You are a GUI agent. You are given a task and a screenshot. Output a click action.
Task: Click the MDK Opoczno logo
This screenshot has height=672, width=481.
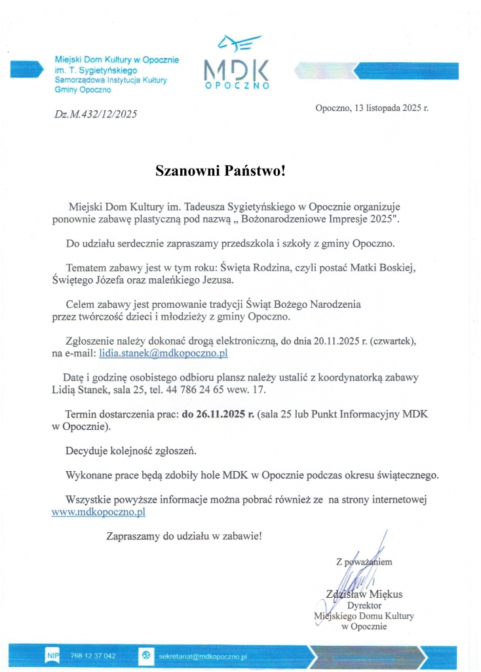coord(235,62)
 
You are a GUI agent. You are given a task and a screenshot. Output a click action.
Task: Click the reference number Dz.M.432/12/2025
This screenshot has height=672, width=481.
coord(96,114)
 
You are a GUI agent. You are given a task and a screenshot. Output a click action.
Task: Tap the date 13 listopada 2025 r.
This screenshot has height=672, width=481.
coord(372,106)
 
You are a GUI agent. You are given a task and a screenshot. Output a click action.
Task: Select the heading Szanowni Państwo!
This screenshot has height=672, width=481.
coord(221,171)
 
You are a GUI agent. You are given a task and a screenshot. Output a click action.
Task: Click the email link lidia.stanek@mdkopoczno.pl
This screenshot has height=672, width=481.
coord(163,354)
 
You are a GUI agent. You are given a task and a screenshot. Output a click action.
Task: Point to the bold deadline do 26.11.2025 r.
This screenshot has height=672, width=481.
coord(218,415)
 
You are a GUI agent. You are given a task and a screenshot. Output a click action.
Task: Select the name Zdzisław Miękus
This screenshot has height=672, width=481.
coord(364,595)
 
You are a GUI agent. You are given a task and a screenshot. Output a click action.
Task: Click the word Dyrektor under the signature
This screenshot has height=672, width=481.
coord(364,606)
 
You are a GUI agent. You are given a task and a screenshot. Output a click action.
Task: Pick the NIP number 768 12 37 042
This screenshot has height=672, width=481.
coord(93,656)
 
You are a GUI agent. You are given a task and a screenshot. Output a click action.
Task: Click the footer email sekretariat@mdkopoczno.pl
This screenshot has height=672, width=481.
coord(202,656)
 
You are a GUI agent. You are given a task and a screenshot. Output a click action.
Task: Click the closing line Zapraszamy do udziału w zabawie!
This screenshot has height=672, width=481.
coord(184,536)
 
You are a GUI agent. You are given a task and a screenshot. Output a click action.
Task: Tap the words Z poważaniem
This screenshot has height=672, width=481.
coord(364,562)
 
